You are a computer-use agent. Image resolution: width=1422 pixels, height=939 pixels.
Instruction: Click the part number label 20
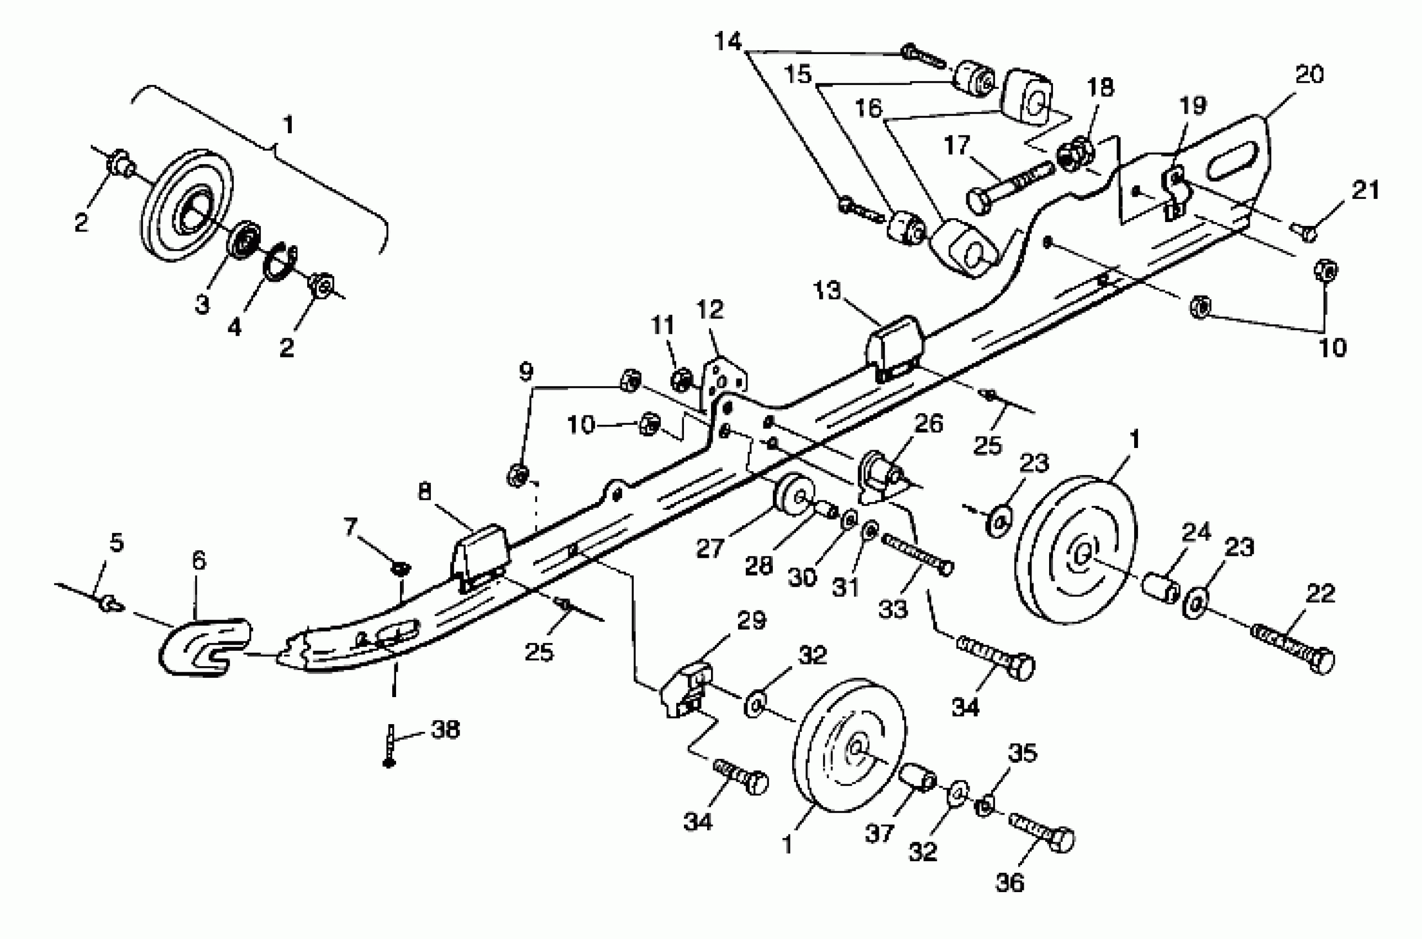[x=1309, y=75]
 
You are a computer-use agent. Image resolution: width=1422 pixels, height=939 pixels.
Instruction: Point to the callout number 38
[x=445, y=730]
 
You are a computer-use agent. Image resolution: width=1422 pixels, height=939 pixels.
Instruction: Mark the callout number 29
[x=752, y=620]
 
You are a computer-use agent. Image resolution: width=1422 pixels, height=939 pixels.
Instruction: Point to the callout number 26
[x=929, y=424]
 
